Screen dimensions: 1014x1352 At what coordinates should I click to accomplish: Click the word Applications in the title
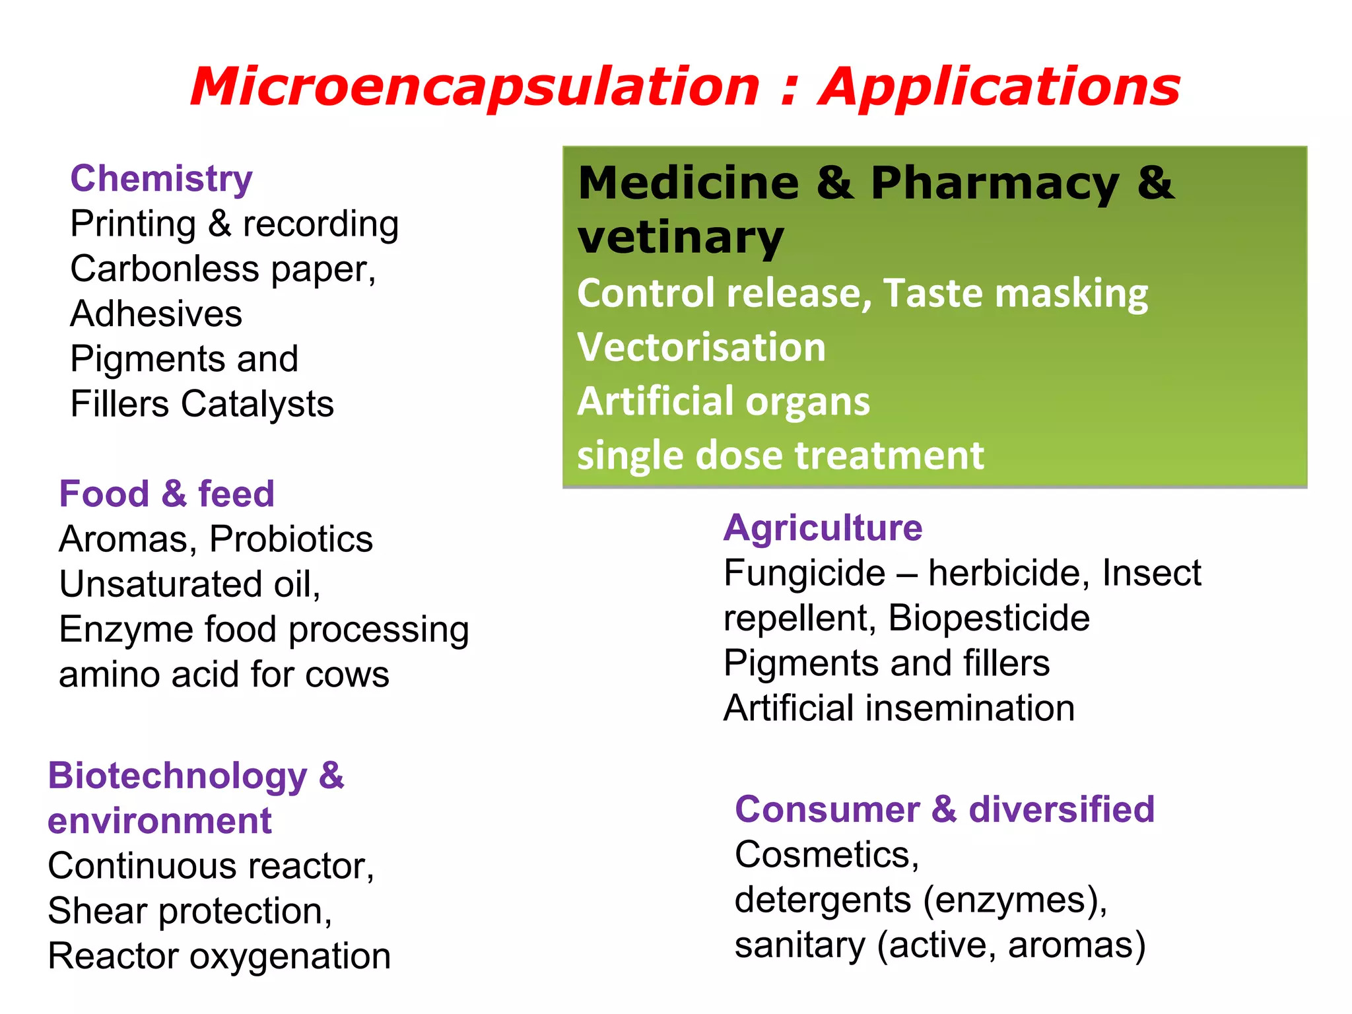(999, 87)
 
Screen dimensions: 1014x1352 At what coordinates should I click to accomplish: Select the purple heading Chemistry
(162, 179)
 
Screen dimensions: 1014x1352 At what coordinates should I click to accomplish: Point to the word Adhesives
(156, 314)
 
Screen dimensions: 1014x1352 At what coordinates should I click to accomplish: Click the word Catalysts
(257, 404)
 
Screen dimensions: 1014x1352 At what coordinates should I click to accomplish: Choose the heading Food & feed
(167, 494)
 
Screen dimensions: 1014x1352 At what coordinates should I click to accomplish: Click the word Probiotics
(291, 539)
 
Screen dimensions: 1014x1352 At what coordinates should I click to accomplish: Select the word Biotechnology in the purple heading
(178, 776)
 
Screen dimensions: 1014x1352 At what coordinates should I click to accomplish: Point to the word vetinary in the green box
(681, 238)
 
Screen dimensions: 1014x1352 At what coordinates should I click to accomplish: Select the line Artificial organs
(724, 401)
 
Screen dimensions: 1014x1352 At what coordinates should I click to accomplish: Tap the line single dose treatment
(780, 456)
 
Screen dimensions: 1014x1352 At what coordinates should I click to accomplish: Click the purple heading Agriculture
(823, 528)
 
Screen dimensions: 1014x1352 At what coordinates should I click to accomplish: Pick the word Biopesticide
(989, 619)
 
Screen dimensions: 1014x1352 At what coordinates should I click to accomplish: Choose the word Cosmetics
(827, 855)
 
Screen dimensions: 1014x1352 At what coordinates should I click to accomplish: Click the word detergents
(823, 900)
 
